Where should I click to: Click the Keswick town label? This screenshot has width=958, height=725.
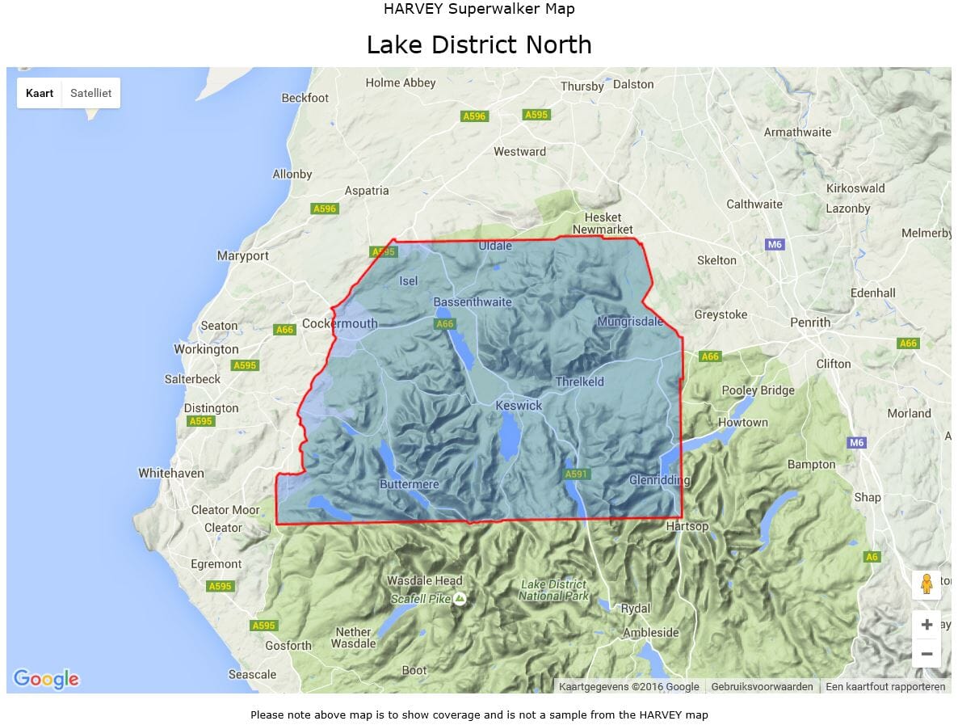point(519,405)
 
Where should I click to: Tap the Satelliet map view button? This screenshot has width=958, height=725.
point(90,93)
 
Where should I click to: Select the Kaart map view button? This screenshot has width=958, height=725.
point(40,93)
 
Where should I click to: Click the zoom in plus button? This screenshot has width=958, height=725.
point(926,625)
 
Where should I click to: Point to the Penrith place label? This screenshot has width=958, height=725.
point(810,322)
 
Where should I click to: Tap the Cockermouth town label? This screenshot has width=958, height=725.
point(339,323)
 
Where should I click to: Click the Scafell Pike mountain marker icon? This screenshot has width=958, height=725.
point(460,599)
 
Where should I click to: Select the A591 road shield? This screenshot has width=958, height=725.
point(577,474)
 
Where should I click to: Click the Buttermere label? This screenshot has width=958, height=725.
point(410,484)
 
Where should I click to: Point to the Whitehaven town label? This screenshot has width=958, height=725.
point(171,473)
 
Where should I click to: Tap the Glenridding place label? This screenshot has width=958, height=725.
point(660,480)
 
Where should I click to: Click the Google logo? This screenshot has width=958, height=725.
point(46,679)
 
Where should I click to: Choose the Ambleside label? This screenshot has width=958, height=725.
point(651,632)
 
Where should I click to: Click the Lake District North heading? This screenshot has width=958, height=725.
point(479,44)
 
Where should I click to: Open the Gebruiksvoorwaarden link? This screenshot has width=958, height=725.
point(762,687)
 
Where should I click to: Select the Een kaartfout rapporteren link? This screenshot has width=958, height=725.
point(886,687)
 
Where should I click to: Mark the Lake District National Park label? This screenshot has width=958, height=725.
point(553,590)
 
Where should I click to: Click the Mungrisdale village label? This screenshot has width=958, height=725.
point(630,322)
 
